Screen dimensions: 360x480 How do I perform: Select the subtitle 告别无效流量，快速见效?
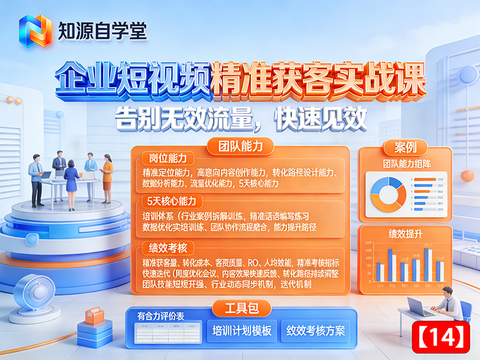pyautogui.click(x=240, y=118)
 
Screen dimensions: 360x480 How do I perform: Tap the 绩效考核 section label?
pyautogui.click(x=166, y=247)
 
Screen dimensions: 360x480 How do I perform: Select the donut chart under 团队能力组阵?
pyautogui.click(x=388, y=192)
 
